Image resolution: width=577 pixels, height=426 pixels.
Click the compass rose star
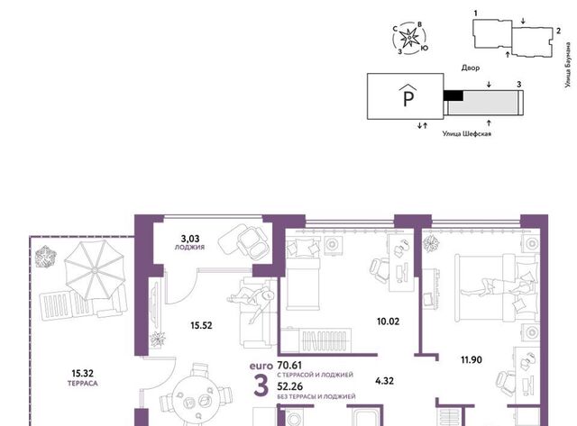[408, 38]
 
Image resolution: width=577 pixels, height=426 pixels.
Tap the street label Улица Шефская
[467, 134]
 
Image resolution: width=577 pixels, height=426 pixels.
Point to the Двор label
[471, 68]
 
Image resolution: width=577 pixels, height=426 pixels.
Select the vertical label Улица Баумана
[569, 65]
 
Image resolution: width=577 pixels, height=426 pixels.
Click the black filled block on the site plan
[453, 95]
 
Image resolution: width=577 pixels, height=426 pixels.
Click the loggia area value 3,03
[190, 240]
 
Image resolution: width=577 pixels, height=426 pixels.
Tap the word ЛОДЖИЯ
[189, 248]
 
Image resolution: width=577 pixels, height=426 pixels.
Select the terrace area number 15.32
[82, 374]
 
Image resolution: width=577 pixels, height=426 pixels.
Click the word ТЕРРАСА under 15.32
[83, 384]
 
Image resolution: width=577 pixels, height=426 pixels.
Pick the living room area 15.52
[201, 325]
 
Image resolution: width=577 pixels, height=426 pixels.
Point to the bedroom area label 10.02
[388, 322]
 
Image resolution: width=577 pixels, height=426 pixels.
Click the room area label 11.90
[472, 360]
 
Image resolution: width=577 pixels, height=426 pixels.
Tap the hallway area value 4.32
[385, 381]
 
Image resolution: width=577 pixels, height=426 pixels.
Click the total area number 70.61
[289, 366]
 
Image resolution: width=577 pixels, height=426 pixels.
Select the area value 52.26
[290, 386]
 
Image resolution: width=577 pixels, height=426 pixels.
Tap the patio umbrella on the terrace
[95, 270]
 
